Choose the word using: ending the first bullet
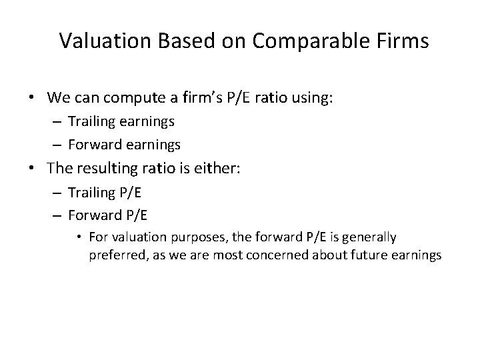tap(309, 98)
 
